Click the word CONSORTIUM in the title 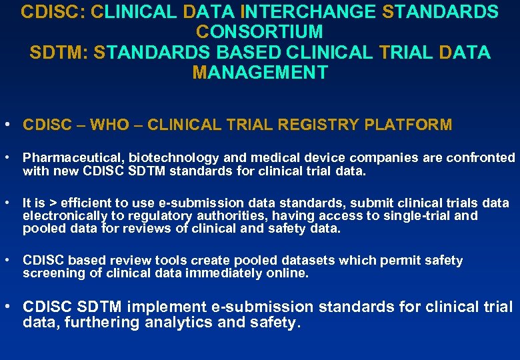click(x=260, y=31)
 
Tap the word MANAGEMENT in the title click(x=260, y=72)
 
